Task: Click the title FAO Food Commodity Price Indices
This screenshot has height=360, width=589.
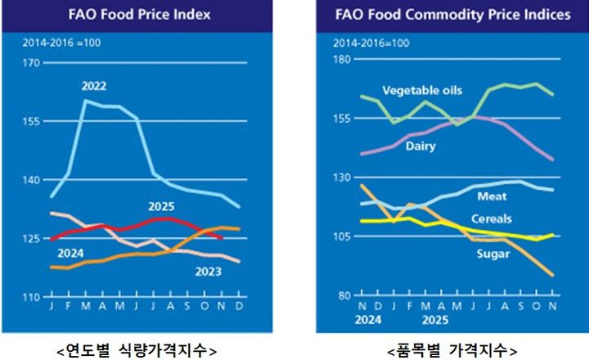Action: point(452,14)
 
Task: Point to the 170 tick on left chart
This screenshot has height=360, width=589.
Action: point(30,63)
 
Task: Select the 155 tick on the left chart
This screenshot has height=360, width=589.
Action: point(30,121)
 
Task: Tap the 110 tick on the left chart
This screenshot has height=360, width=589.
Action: point(30,297)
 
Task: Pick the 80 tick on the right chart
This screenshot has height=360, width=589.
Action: point(343,295)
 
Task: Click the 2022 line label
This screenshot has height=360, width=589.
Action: point(93,86)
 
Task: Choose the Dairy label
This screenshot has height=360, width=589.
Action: point(420,146)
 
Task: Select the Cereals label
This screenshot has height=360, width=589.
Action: point(492,218)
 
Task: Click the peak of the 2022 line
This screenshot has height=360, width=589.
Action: point(85,100)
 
